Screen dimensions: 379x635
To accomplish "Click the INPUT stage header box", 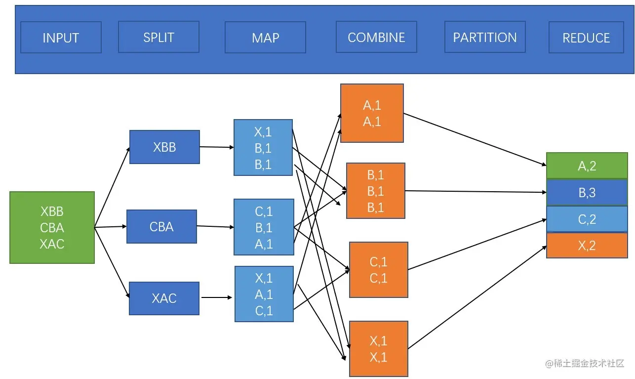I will (61, 38).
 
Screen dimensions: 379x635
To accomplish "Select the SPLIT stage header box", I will (159, 37).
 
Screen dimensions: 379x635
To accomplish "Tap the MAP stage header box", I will (265, 38).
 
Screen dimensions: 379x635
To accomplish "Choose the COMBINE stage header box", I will (376, 37).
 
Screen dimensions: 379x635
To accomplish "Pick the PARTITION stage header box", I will (485, 37).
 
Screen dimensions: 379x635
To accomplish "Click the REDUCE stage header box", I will (586, 38).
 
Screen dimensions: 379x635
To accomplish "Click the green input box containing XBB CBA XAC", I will (52, 227).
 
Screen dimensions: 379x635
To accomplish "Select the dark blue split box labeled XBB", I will (164, 147).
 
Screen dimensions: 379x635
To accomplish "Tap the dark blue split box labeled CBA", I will (161, 226).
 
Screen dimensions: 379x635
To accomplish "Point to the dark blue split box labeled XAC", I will (164, 298).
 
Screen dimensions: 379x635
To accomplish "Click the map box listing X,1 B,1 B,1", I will (263, 147).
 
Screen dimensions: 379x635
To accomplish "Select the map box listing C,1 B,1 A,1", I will (264, 227).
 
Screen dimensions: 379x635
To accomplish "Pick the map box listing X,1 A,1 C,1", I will (264, 294).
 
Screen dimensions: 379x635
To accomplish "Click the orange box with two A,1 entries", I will (372, 113).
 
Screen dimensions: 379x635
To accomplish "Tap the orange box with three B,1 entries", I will (376, 191).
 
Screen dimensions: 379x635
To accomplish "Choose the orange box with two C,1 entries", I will (379, 270).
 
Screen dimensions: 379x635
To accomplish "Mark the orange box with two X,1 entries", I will (379, 349).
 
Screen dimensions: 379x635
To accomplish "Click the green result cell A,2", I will (587, 166).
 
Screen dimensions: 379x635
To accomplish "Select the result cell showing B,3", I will (587, 192).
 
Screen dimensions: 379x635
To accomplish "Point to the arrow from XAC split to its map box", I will (216, 297).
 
